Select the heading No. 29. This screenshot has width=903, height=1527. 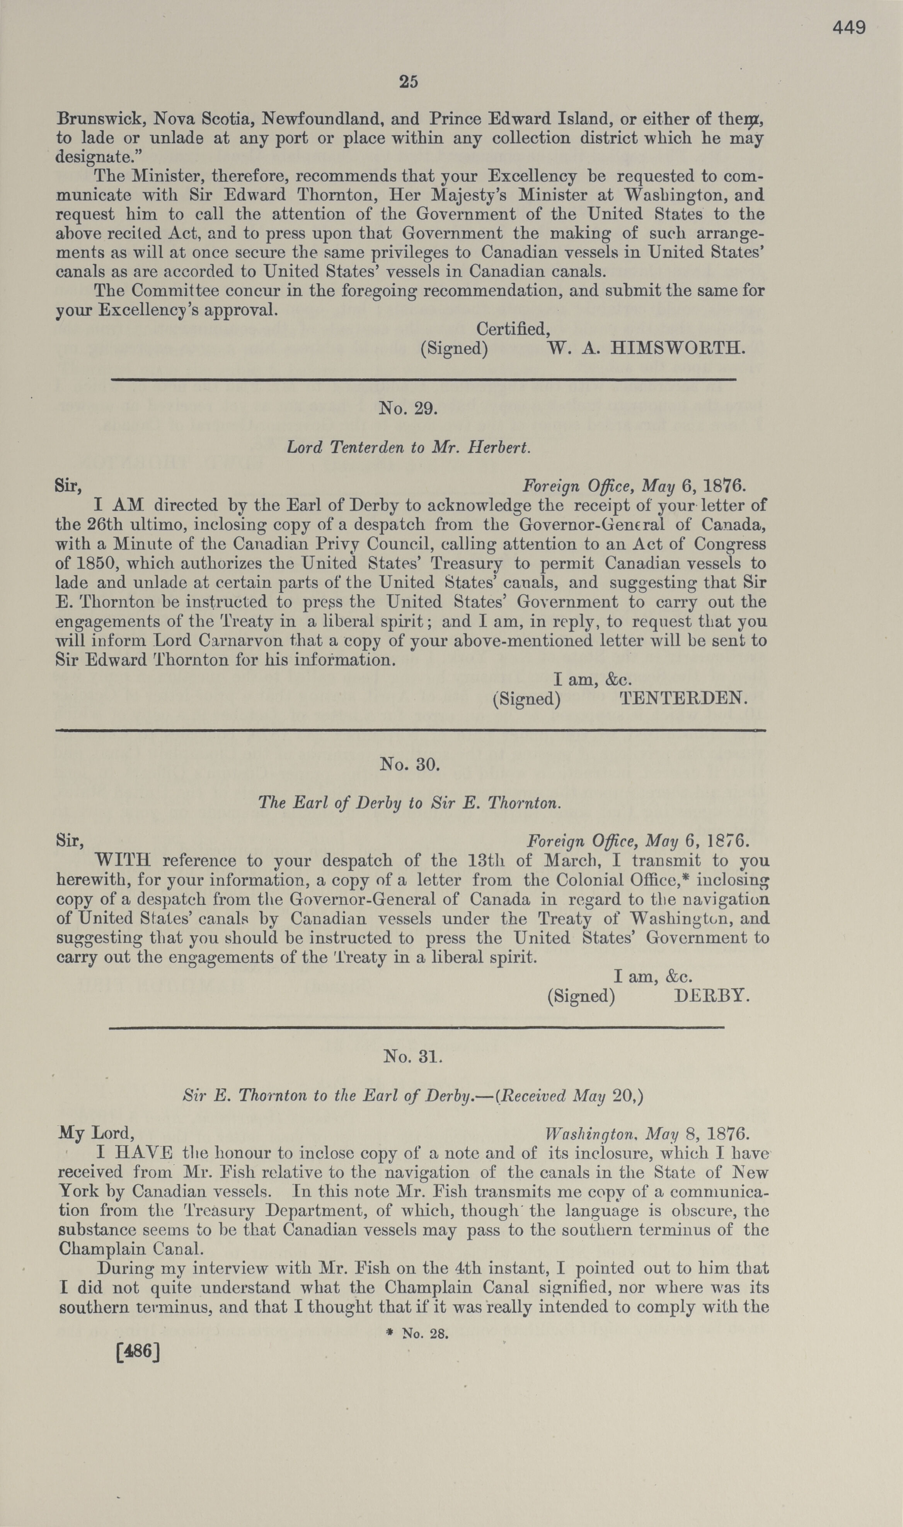pos(408,408)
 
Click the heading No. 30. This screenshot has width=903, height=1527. pos(409,764)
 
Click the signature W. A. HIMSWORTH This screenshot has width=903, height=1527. pos(646,349)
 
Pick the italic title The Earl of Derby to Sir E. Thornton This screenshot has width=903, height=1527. pos(409,803)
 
